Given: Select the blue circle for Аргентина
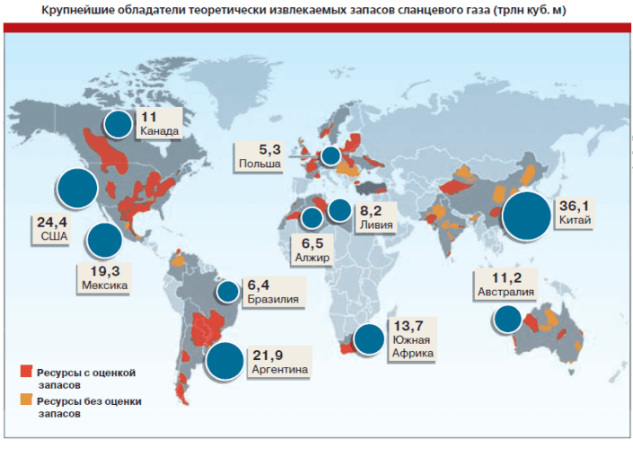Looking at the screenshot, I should point(224,361).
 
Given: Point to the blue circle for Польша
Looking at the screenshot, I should point(330,156).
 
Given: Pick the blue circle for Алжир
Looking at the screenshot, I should point(312,217).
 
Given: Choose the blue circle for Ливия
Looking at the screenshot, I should point(338,211).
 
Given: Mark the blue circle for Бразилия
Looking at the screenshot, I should point(227,293).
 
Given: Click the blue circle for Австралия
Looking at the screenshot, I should point(507,318).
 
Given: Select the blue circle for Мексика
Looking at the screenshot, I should point(104,241).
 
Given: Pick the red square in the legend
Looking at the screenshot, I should point(26,370).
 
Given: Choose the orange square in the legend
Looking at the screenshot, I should point(26,400).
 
